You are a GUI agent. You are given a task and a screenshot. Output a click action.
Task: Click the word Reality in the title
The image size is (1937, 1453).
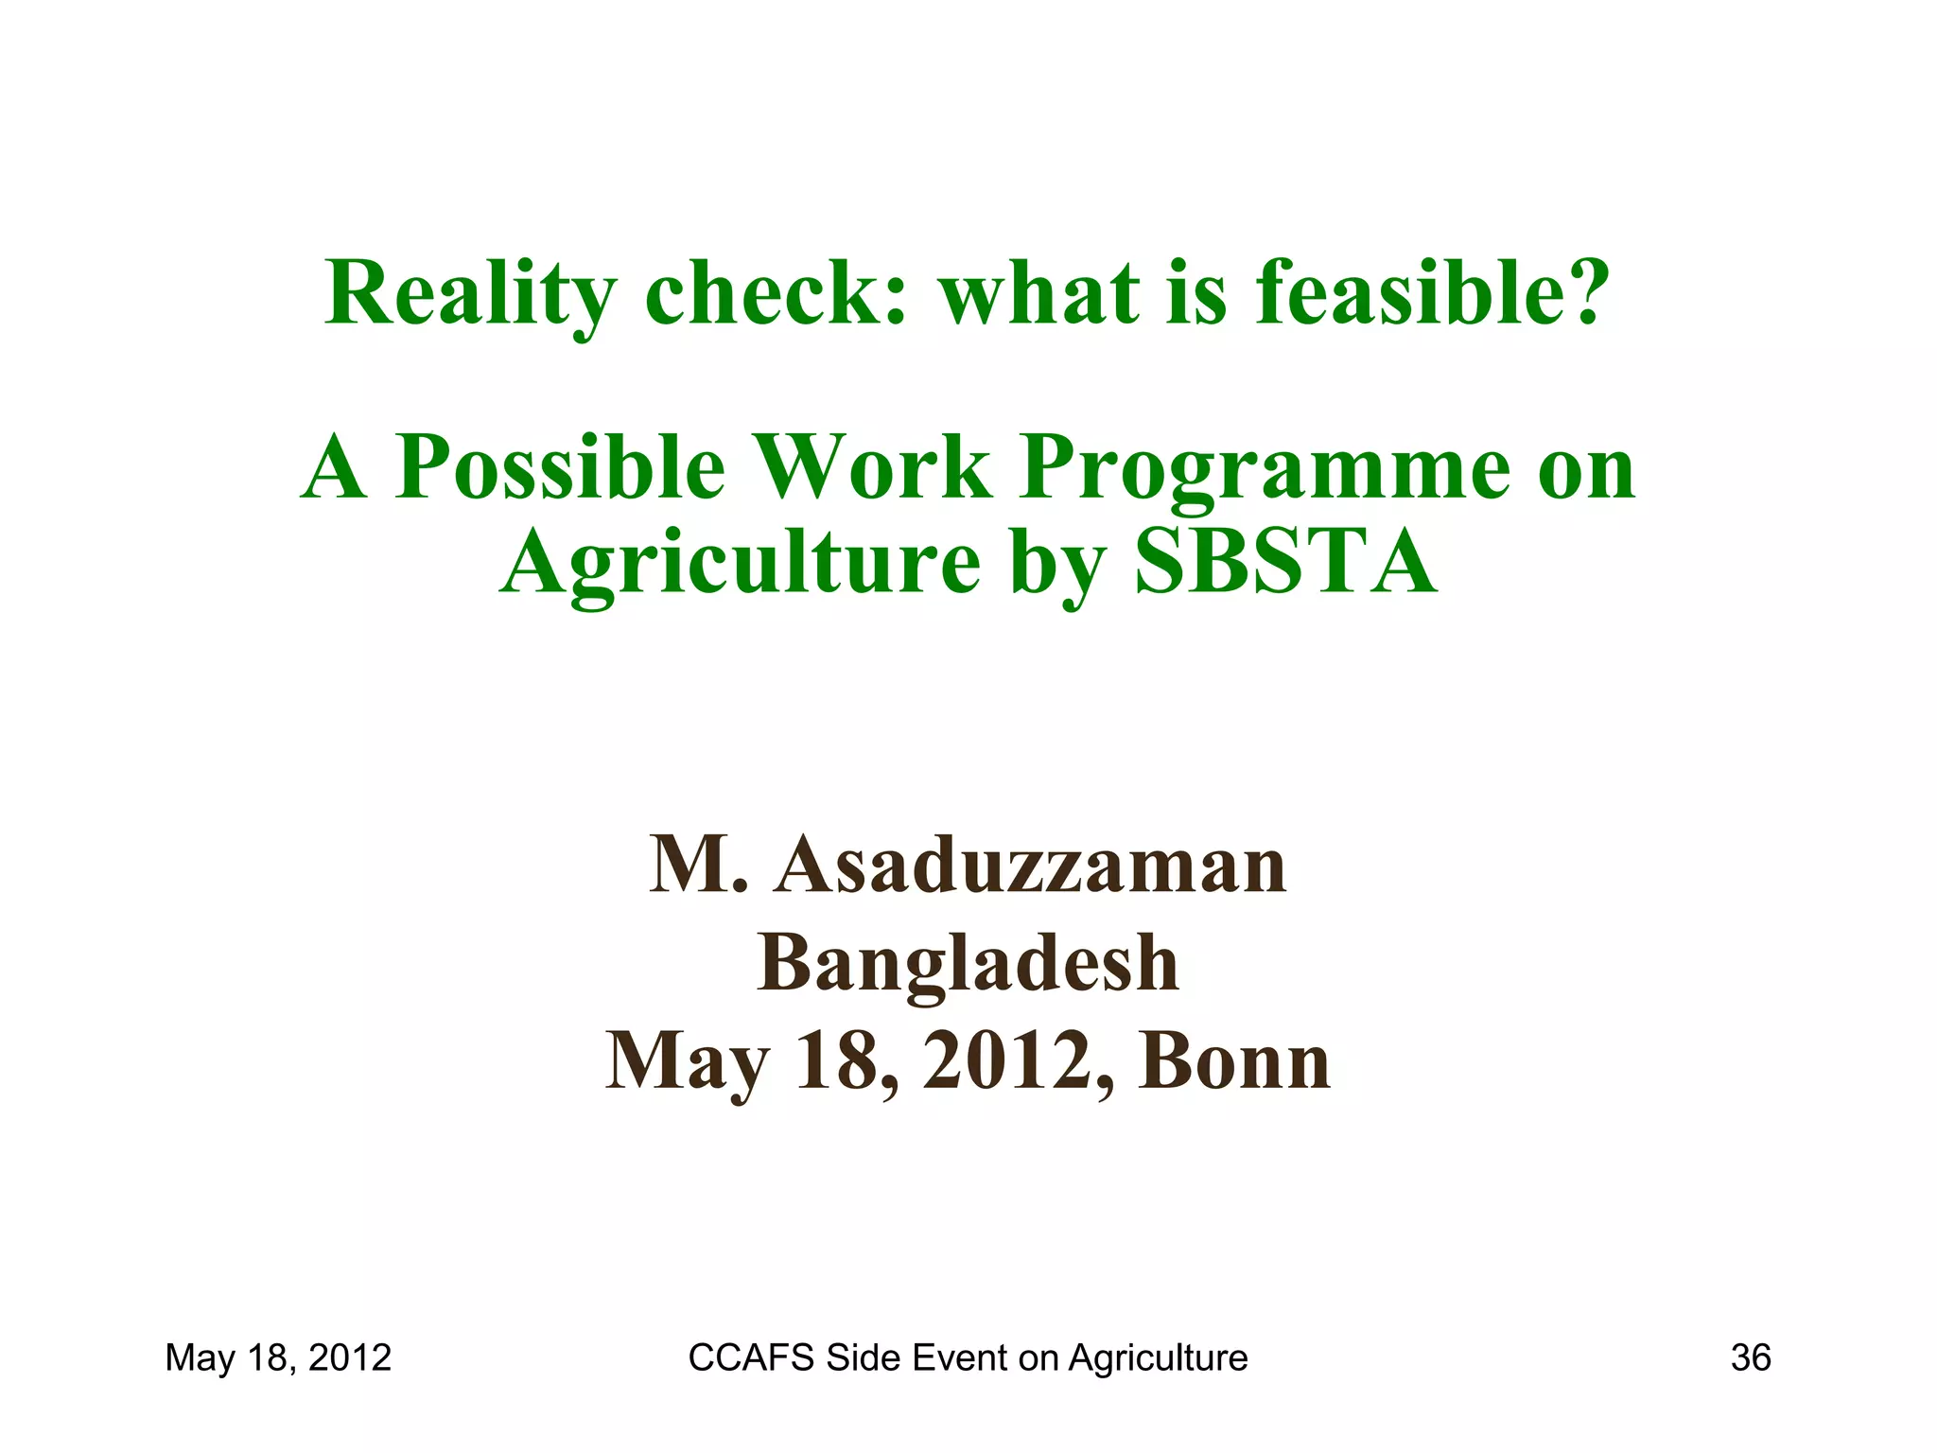[470, 293]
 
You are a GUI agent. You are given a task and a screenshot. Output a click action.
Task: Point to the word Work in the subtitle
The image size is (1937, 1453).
[877, 467]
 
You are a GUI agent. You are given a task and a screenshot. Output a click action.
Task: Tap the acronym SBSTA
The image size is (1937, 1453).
[1285, 562]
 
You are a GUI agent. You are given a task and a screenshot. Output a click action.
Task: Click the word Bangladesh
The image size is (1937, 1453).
[968, 963]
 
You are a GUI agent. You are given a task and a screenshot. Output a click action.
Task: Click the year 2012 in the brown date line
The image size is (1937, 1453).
[1005, 1061]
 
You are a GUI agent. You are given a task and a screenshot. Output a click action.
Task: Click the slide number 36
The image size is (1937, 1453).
[1750, 1358]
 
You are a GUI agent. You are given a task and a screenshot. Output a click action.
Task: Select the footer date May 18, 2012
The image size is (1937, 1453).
[278, 1358]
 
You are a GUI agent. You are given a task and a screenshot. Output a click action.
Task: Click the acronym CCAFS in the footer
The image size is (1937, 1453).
[751, 1358]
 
